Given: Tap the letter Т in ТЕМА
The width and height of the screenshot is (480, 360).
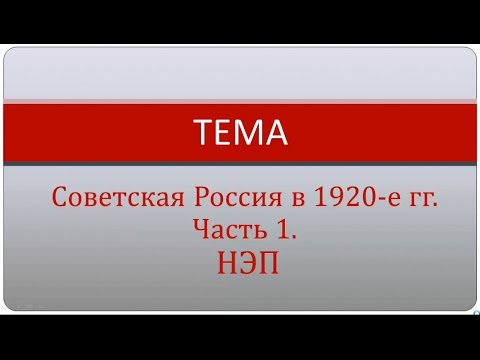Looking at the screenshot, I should click(201, 131).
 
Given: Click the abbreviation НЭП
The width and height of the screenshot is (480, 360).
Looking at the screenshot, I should click(240, 263).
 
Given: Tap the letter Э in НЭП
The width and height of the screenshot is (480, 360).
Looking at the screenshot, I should click(240, 263).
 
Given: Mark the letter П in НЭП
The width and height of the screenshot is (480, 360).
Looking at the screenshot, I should click(262, 263).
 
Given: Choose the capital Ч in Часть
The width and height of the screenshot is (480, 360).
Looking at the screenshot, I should click(200, 231).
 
